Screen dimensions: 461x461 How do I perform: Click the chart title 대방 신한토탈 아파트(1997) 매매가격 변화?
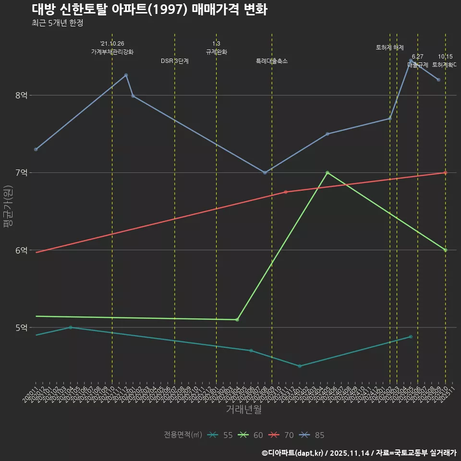click(149, 10)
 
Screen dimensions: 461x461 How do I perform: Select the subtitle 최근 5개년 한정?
click(58, 23)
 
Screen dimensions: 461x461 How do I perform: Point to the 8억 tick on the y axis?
click(22, 96)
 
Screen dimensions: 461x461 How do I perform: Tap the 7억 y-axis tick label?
click(22, 173)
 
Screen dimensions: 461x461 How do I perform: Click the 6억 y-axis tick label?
click(22, 250)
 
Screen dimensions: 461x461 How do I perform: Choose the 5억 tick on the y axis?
click(22, 328)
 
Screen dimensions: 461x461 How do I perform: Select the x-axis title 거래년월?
click(243, 410)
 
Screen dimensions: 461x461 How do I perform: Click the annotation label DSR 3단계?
click(175, 61)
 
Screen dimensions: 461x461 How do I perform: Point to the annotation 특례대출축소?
click(272, 61)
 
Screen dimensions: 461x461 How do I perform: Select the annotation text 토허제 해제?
click(389, 48)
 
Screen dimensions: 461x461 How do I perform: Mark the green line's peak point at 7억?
click(328, 173)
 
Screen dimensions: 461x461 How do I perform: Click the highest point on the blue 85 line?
click(411, 61)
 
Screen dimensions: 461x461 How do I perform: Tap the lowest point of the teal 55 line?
click(300, 366)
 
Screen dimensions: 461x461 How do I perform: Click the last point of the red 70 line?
click(445, 173)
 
